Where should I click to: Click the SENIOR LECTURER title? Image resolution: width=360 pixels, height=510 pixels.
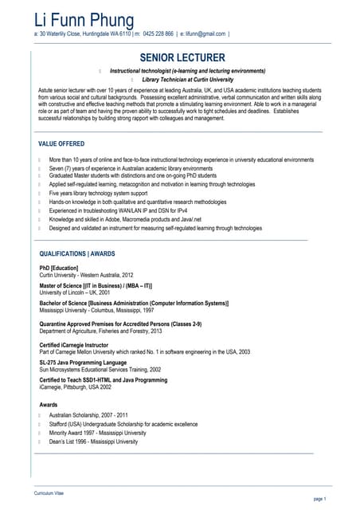[182, 58]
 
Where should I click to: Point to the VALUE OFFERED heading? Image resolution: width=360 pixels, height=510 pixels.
[61, 143]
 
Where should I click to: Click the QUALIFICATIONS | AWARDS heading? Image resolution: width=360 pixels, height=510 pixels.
[77, 253]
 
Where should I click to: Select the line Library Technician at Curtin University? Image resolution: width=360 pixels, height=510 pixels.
[187, 80]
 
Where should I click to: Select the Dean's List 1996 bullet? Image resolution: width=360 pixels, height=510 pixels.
[93, 441]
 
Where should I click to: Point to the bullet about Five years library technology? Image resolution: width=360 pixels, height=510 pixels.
[98, 194]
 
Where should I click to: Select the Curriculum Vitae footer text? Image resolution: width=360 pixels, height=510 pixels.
[49, 493]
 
